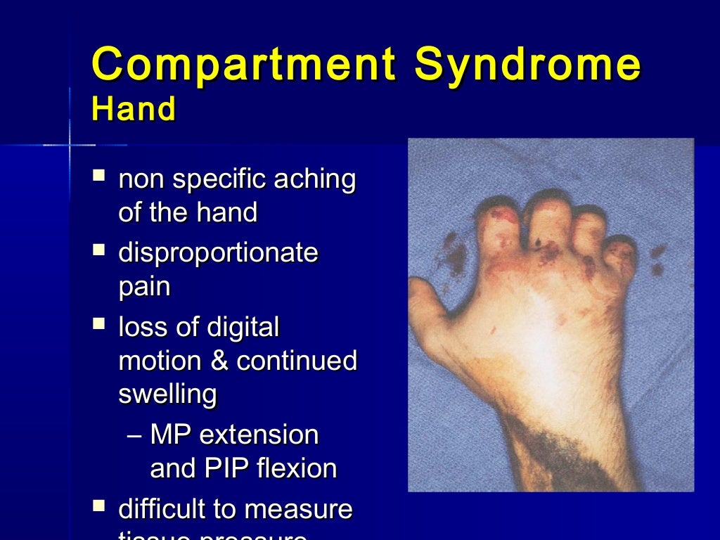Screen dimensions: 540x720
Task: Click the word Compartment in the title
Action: [x=243, y=65]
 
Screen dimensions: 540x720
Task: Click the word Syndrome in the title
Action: [x=527, y=65]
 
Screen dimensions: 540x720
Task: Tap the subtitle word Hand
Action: [x=133, y=110]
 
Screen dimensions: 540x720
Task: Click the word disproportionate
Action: [x=218, y=253]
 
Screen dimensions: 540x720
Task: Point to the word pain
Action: [x=144, y=287]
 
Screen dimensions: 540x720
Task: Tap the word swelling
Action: [x=167, y=394]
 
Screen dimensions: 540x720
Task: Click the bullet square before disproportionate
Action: [x=99, y=249]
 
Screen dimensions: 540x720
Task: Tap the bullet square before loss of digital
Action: [x=99, y=323]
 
